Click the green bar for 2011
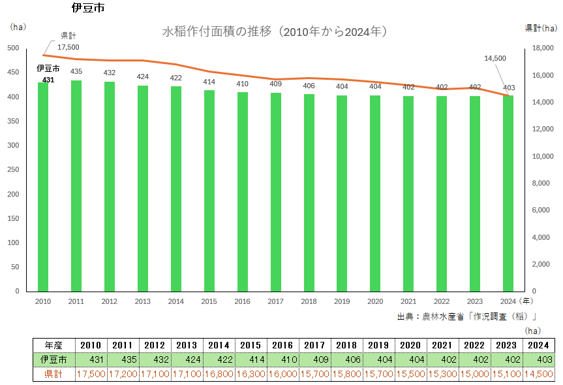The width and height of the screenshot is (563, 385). click(x=76, y=186)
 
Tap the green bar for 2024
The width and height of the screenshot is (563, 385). click(x=508, y=193)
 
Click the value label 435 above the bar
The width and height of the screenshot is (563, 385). click(x=76, y=71)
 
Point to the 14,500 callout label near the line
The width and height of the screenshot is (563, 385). click(x=495, y=58)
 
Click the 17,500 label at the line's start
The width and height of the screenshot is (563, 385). click(x=68, y=47)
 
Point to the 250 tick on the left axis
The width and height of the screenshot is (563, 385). click(x=14, y=170)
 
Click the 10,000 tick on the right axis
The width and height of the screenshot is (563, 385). click(x=543, y=157)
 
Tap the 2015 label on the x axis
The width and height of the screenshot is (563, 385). click(x=209, y=301)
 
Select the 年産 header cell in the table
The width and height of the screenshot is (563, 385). click(x=53, y=345)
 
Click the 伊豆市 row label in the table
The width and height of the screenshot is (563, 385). click(x=53, y=360)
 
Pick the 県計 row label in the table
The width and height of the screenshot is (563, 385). click(x=53, y=374)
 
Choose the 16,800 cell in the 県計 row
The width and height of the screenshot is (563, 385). click(x=219, y=374)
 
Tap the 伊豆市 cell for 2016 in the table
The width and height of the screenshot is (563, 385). click(x=282, y=360)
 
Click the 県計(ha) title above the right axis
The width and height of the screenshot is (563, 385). click(x=541, y=27)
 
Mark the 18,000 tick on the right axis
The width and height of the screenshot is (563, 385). click(x=543, y=48)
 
